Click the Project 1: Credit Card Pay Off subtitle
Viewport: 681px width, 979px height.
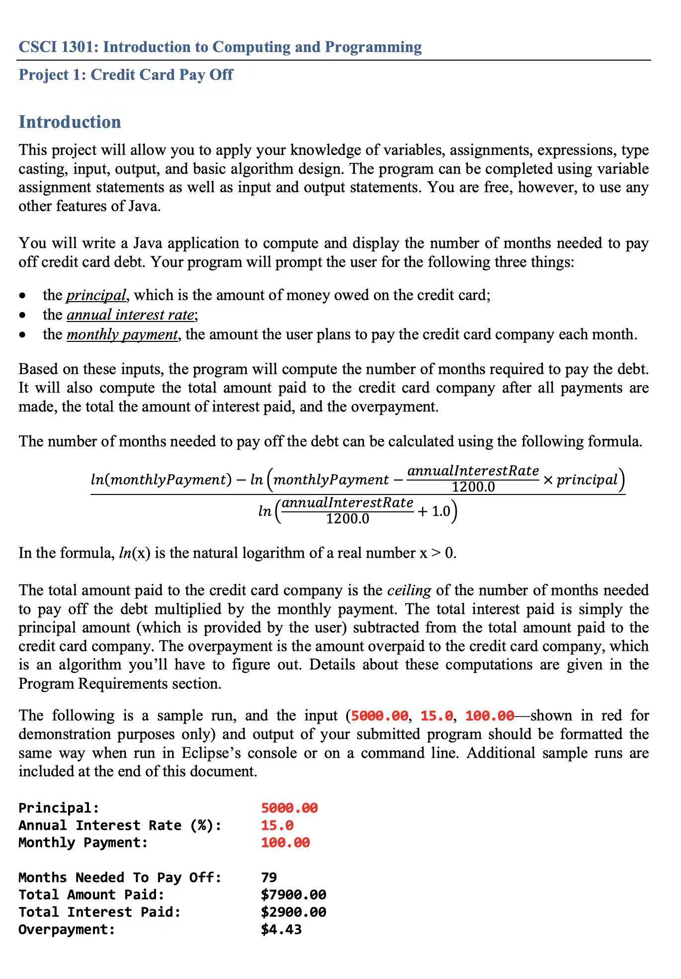(125, 75)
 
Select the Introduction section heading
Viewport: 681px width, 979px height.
(70, 122)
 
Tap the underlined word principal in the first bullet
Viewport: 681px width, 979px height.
(96, 295)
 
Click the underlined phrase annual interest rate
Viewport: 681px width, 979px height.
(130, 315)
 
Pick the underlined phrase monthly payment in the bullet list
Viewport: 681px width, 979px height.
(122, 334)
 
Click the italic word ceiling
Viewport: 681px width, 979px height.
(409, 590)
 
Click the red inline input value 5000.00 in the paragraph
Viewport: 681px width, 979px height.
(379, 716)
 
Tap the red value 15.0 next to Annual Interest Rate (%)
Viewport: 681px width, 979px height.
(277, 825)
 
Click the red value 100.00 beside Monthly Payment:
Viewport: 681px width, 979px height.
(285, 843)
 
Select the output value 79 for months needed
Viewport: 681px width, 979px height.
(269, 878)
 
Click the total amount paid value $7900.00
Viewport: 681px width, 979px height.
(293, 895)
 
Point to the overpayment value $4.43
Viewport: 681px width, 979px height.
(281, 930)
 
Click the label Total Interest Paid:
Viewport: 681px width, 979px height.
(99, 912)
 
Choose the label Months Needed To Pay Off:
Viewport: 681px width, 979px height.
(120, 878)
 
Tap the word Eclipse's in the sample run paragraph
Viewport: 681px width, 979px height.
(211, 753)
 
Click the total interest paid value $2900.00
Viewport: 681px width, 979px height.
(293, 912)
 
